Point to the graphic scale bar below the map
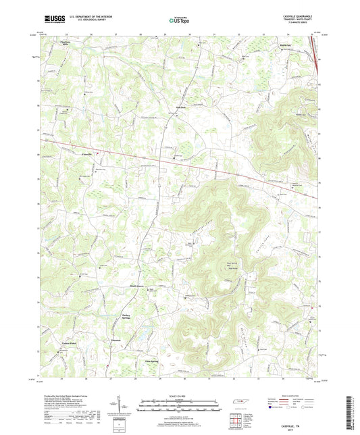(x=180, y=407)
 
